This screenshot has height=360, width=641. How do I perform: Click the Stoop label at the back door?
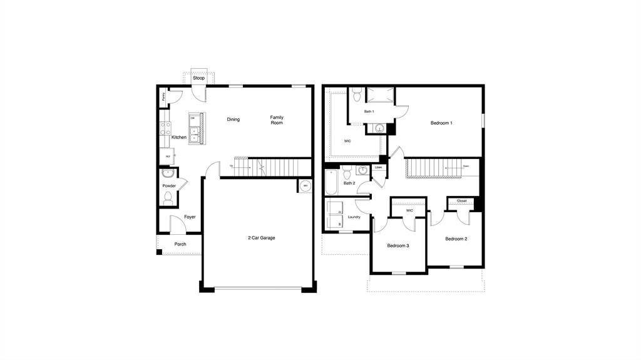(198, 78)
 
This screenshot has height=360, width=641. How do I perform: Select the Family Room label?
(277, 120)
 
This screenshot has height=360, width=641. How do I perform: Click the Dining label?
(233, 120)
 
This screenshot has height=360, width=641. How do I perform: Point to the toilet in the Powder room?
(168, 198)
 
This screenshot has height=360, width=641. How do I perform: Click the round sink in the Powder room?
(166, 173)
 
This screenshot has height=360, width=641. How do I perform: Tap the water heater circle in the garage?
(305, 186)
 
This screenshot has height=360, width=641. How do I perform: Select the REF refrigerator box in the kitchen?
(168, 157)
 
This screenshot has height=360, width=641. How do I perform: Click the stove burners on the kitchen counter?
(167, 128)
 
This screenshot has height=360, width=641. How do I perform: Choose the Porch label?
(180, 244)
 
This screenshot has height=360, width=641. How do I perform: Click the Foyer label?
(190, 217)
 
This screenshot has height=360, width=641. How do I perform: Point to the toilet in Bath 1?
(356, 96)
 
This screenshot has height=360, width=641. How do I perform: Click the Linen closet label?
(378, 168)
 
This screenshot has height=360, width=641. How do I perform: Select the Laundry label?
(354, 217)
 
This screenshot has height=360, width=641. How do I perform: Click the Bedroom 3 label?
(397, 245)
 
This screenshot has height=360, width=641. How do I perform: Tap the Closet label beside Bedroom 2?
(462, 201)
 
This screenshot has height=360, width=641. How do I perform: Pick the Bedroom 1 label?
(441, 123)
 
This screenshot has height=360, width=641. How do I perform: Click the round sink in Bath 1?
(378, 128)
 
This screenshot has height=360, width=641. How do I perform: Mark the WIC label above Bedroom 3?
(409, 210)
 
